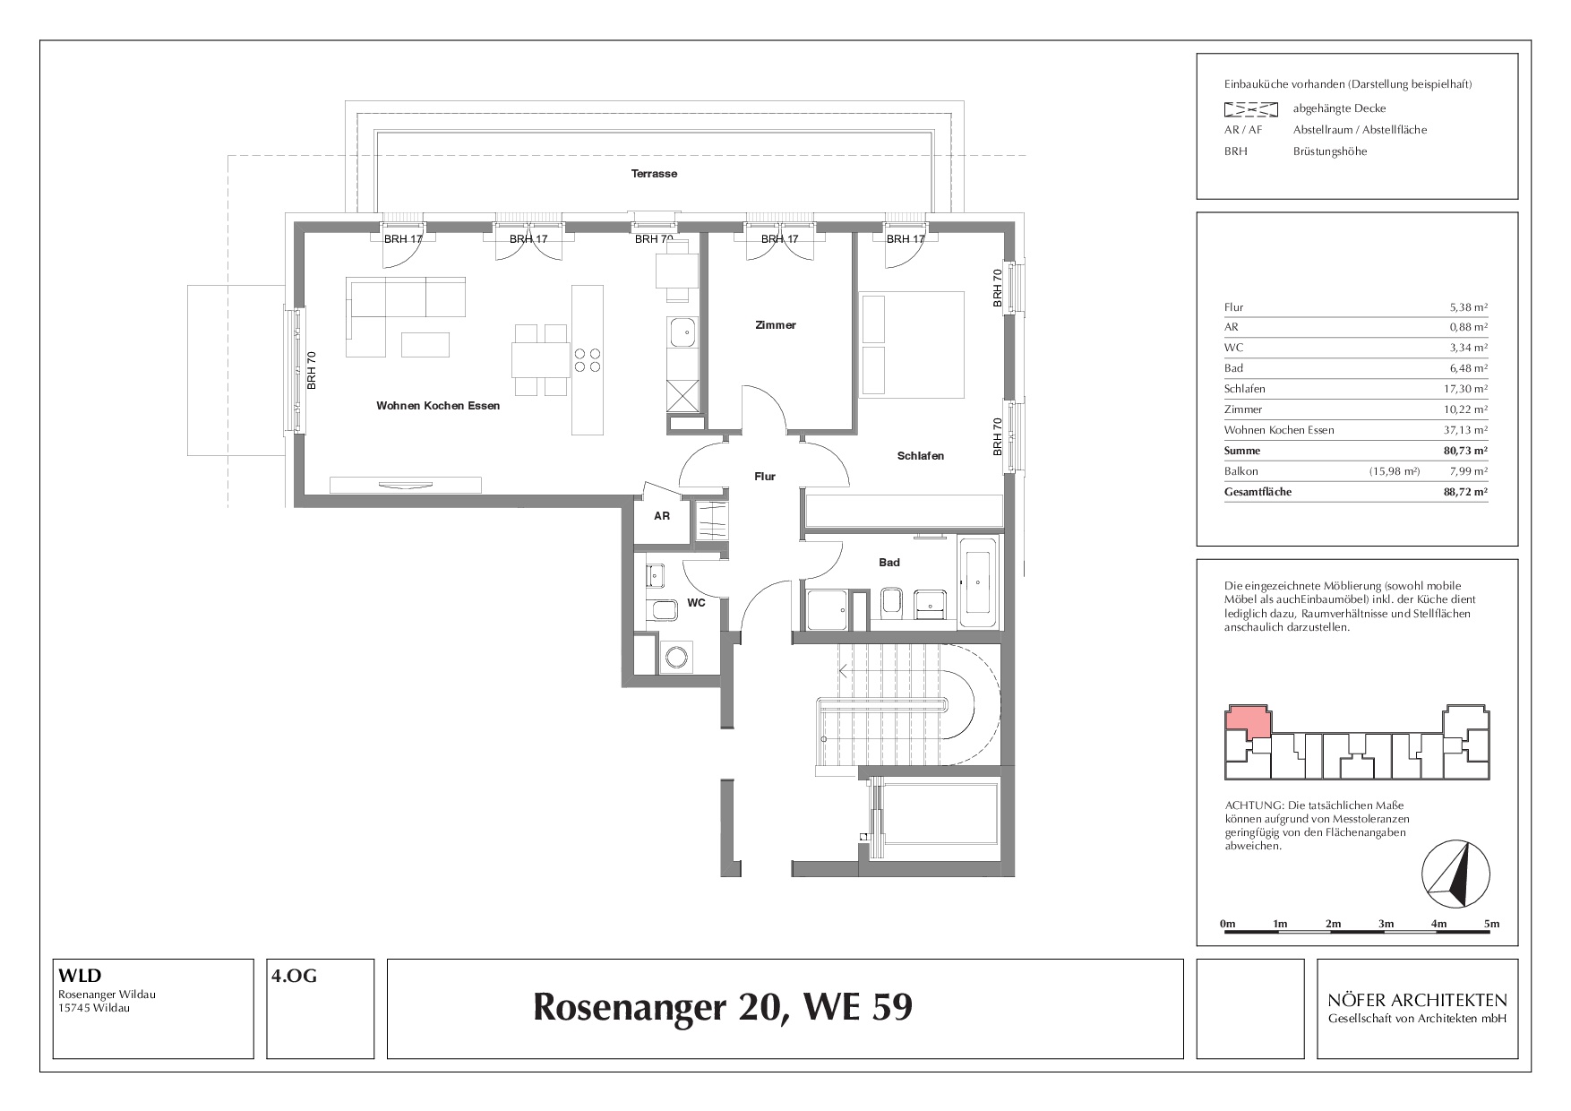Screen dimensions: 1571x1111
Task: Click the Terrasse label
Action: coord(654,174)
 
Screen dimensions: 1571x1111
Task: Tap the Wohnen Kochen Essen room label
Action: coord(438,406)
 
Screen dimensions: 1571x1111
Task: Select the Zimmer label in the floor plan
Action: coord(775,325)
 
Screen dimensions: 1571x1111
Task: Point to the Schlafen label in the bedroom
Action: coord(921,456)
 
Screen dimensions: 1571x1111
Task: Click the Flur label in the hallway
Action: coord(764,477)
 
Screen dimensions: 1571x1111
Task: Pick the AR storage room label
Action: coord(662,516)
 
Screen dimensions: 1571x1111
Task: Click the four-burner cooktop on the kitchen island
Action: coord(588,359)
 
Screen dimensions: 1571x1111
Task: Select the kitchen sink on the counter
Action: coord(682,332)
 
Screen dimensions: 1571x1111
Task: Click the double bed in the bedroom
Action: coord(912,343)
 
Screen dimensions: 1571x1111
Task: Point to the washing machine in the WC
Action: coord(675,658)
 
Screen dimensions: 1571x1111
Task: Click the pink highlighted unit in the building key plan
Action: coord(1247,721)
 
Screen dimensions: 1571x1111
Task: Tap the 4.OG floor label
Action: coord(294,977)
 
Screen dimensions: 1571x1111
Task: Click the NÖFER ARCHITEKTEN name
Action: coord(1418,1000)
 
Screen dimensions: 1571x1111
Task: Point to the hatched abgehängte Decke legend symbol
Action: coord(1250,109)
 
